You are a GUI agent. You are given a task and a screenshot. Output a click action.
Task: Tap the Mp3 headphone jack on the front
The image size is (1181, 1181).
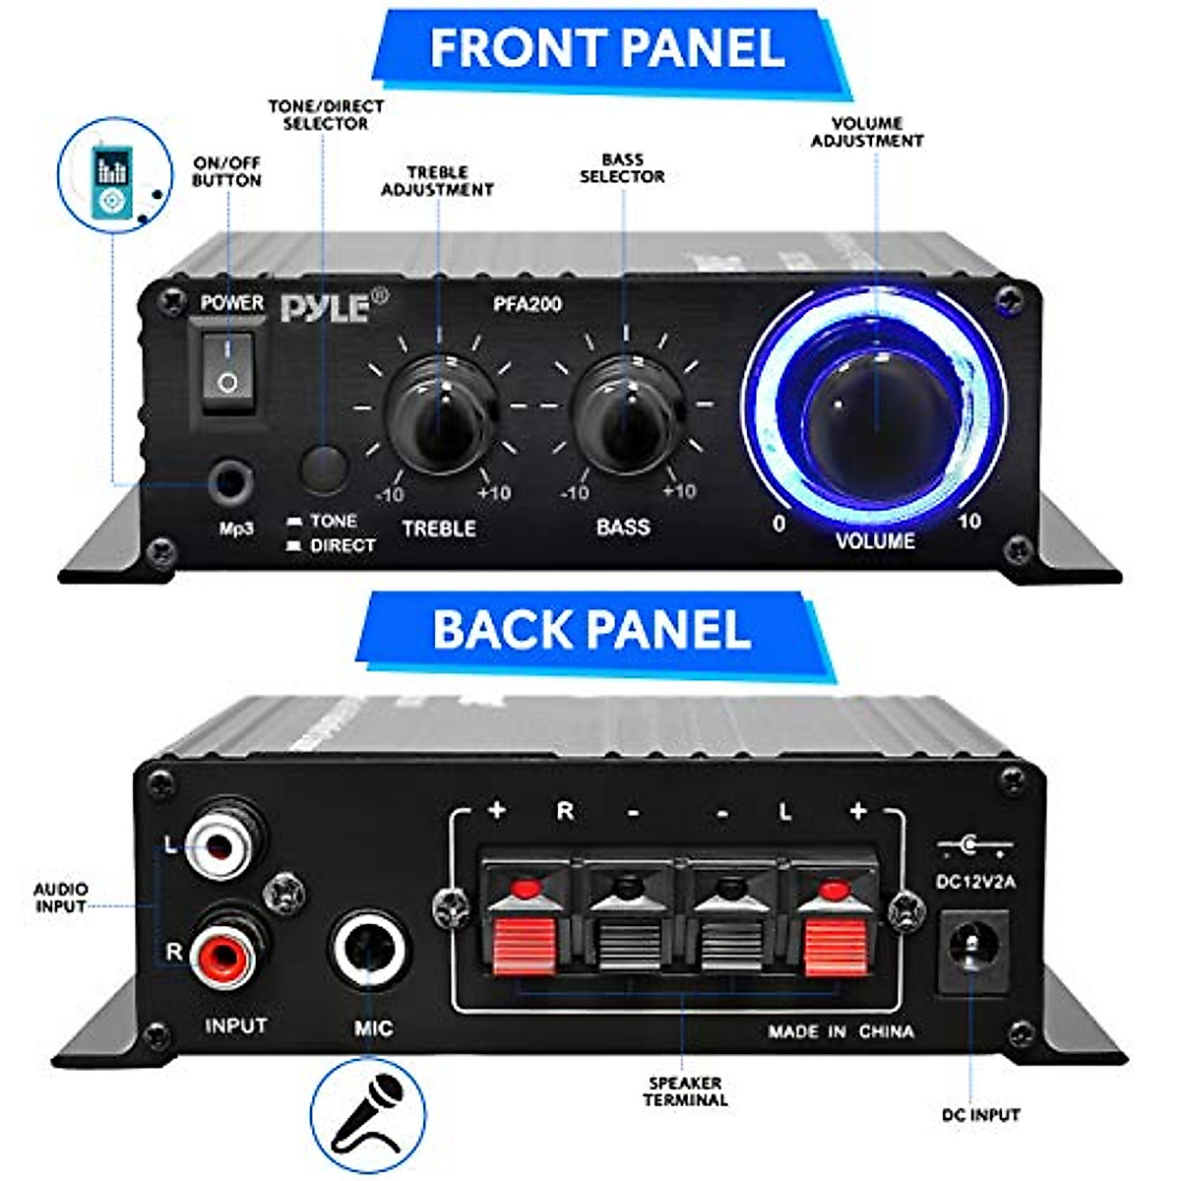pyautogui.click(x=232, y=483)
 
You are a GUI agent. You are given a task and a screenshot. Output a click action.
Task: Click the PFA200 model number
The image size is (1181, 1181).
pyautogui.click(x=528, y=304)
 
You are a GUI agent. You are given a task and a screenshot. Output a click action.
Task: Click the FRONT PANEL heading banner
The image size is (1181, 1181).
pyautogui.click(x=607, y=49)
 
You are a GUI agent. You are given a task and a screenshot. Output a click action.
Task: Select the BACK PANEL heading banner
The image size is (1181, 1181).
pyautogui.click(x=591, y=630)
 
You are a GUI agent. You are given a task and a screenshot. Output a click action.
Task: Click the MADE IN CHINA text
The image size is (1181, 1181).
pyautogui.click(x=840, y=1031)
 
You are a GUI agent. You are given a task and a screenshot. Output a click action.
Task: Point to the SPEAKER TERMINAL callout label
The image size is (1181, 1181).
pyautogui.click(x=685, y=1090)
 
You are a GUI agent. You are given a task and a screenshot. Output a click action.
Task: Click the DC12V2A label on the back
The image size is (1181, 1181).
pyautogui.click(x=975, y=882)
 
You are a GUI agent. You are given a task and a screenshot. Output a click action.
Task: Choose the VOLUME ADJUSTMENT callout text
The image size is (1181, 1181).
pyautogui.click(x=867, y=132)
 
